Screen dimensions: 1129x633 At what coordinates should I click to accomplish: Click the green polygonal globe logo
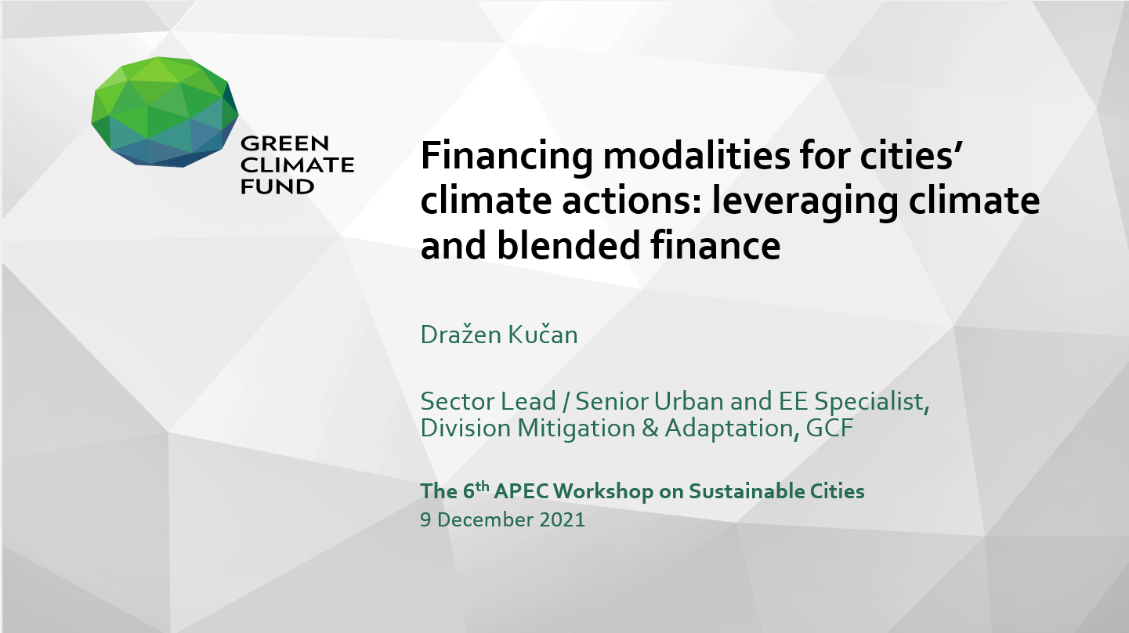[165, 112]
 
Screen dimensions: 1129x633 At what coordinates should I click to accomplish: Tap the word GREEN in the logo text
[284, 143]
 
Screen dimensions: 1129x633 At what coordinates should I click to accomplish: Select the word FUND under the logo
[277, 187]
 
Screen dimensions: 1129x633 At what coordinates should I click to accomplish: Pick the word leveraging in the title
[805, 201]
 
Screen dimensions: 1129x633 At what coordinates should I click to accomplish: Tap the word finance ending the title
[715, 245]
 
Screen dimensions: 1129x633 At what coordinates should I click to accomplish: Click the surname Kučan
[542, 335]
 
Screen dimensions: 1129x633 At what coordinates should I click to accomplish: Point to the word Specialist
[872, 402]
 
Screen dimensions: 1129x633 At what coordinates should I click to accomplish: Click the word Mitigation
[577, 429]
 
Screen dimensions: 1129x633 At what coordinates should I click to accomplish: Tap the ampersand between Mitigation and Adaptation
[650, 429]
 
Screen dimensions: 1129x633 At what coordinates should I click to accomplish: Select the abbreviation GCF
[830, 429]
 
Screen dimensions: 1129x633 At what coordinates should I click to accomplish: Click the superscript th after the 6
[483, 486]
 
